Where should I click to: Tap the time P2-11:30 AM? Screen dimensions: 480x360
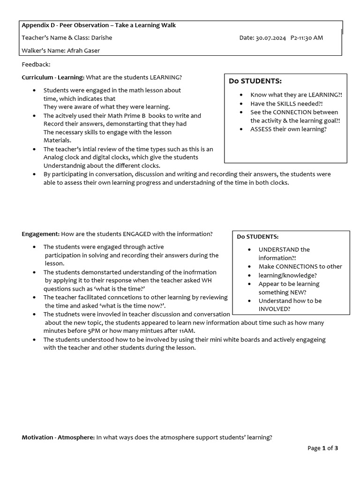pos(307,37)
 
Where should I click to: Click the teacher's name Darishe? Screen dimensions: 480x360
pos(102,37)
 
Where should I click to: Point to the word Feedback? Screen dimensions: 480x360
pos(36,64)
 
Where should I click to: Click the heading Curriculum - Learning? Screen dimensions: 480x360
pos(53,77)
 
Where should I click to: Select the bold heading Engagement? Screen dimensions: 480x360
pos(41,233)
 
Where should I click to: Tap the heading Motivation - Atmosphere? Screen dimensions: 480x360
pos(58,437)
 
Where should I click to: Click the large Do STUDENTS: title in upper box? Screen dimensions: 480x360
pos(255,81)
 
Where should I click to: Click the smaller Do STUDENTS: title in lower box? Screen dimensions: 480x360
pos(257,237)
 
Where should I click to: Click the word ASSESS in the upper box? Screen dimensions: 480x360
pos(262,129)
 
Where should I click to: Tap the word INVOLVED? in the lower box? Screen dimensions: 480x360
pos(274,309)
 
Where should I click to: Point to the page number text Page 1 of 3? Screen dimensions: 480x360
pos(322,448)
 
